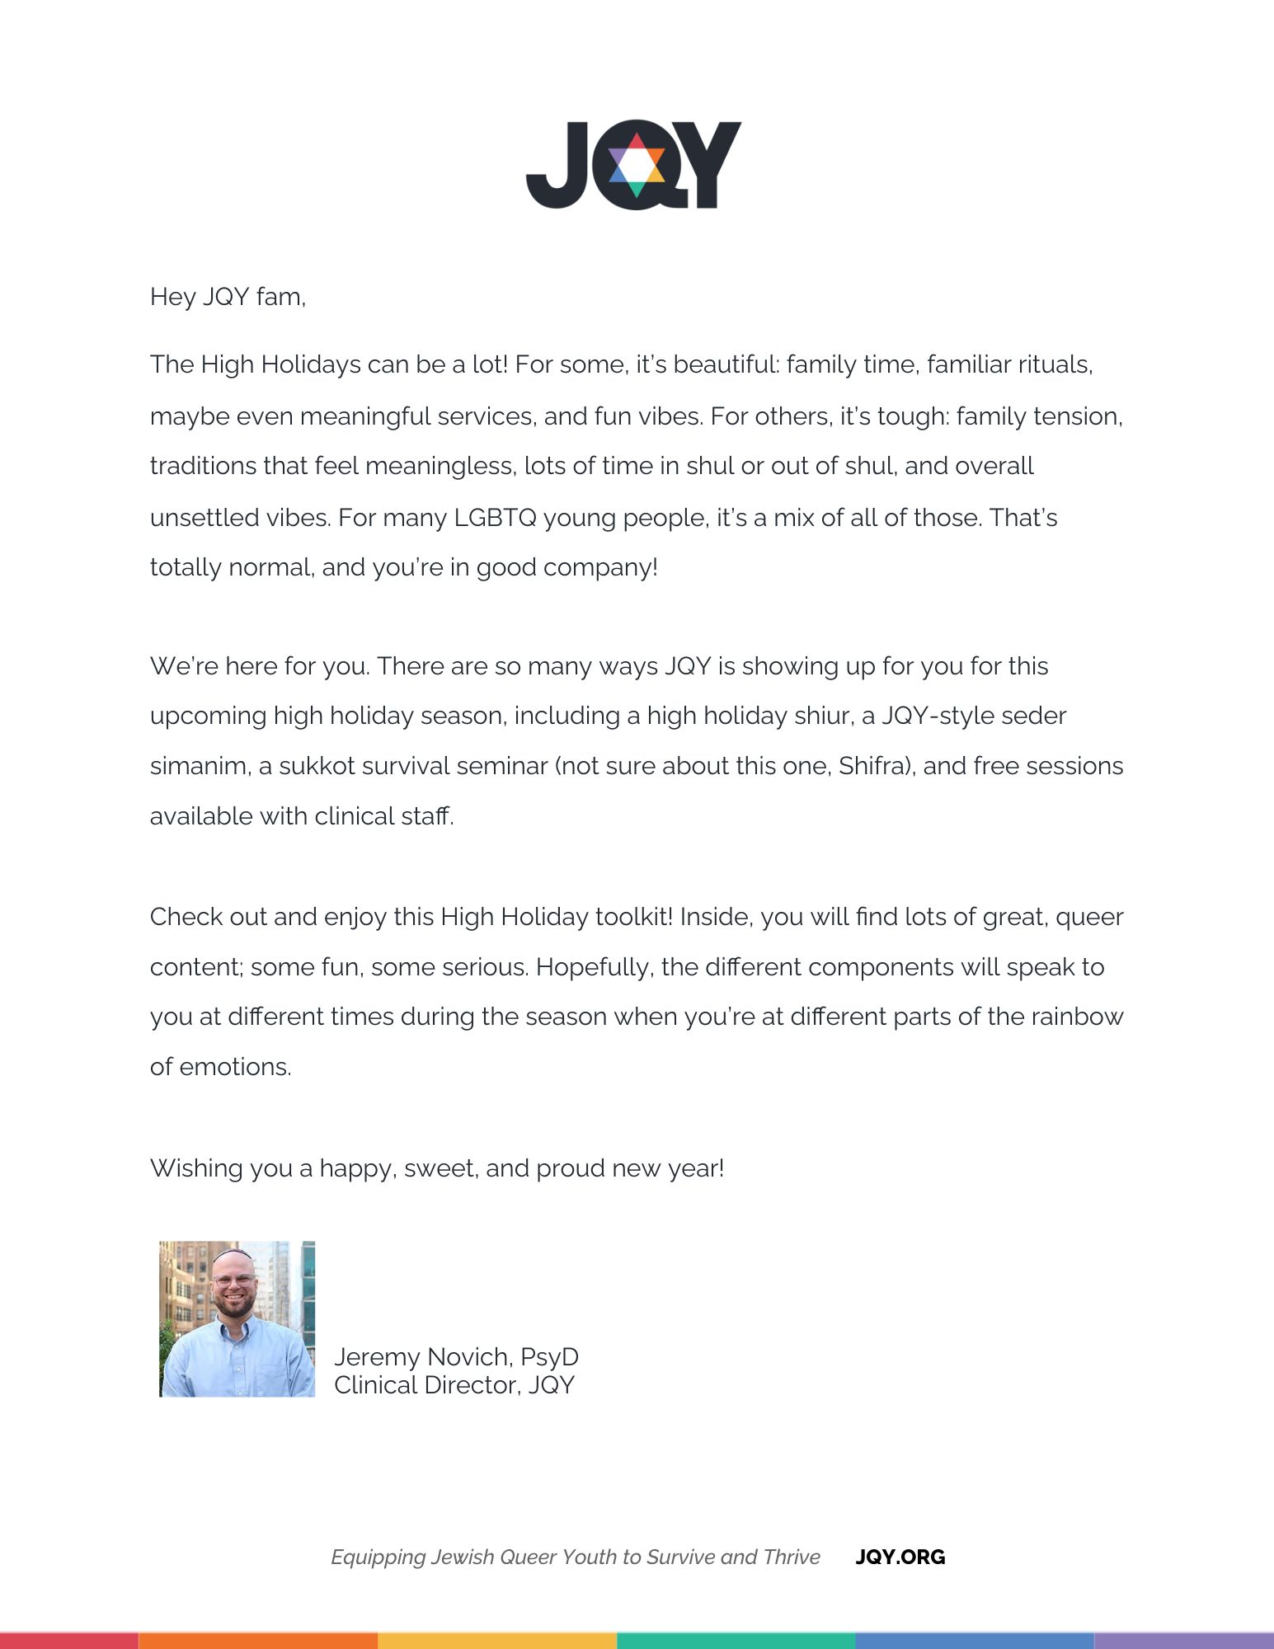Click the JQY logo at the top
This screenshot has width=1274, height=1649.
click(x=633, y=165)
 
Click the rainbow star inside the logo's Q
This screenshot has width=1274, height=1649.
click(x=637, y=165)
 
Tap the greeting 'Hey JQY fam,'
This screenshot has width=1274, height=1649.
click(x=228, y=297)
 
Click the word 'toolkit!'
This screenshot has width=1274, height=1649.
click(x=633, y=917)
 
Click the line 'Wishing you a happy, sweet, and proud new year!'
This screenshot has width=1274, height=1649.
click(x=437, y=1168)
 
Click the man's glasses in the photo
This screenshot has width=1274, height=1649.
click(x=233, y=1281)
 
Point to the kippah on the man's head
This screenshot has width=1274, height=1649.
click(x=233, y=1254)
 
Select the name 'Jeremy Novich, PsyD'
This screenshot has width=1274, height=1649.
click(x=456, y=1357)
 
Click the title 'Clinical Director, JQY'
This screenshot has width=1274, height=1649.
click(x=454, y=1385)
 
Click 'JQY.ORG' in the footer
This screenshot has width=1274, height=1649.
click(x=900, y=1557)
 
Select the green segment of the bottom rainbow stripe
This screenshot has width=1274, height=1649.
click(x=736, y=1641)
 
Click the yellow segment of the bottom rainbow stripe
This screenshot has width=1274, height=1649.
click(x=497, y=1641)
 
